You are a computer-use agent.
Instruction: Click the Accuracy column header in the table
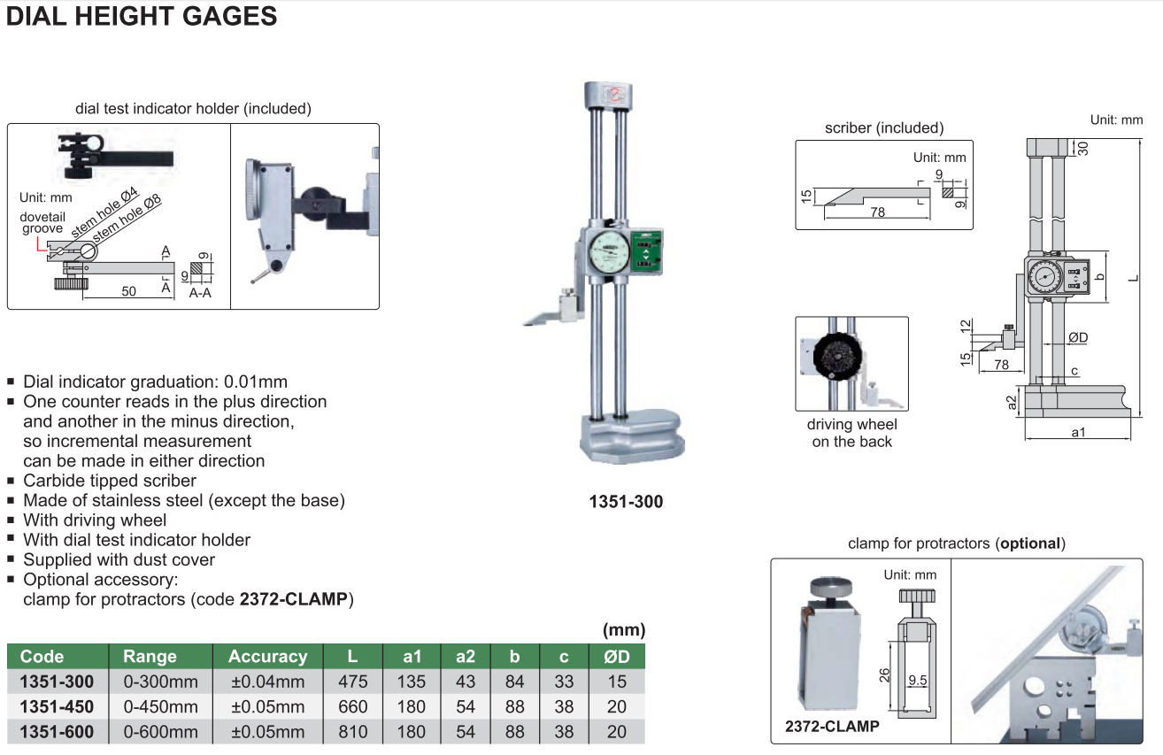tap(268, 657)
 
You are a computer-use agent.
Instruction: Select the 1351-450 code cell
tap(57, 706)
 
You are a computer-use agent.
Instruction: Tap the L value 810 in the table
tap(353, 732)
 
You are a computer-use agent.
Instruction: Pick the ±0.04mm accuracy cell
tap(268, 682)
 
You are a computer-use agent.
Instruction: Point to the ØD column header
tap(617, 657)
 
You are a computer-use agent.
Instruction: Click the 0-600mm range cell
tap(160, 732)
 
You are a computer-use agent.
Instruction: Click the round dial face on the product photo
tap(610, 252)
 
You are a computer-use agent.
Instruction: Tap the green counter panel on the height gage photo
tap(646, 252)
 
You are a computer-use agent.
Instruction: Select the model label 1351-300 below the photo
tap(626, 502)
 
